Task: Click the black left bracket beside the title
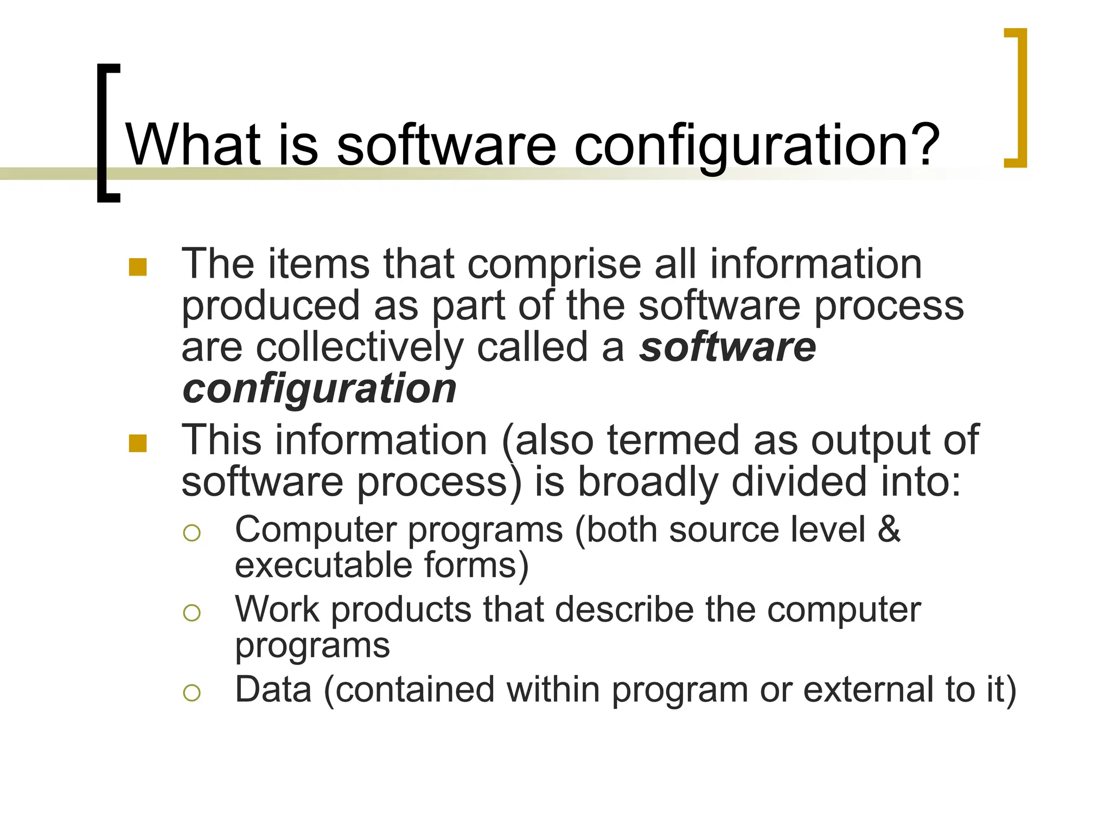coord(106,133)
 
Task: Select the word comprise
coord(554,266)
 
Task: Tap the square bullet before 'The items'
coord(138,267)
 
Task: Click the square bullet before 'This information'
coord(138,443)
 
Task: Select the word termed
coord(673,440)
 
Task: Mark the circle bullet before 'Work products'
coord(192,613)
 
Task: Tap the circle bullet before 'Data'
coord(192,693)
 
